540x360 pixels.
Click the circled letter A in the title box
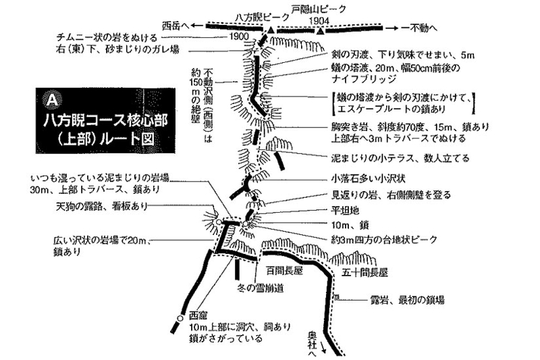pos(52,99)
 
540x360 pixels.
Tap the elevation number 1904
pos(319,21)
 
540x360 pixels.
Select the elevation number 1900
pos(238,36)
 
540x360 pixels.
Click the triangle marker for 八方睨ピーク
pos(271,30)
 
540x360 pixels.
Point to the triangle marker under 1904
pos(321,32)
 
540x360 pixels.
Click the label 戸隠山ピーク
pos(319,9)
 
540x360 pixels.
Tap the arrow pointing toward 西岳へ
pos(197,26)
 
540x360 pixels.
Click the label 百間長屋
pos(284,271)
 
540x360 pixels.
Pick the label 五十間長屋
pos(364,273)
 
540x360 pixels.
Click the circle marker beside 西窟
pos(180,318)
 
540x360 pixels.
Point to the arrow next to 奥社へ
pos(323,347)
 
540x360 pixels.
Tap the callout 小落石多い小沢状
pos(368,179)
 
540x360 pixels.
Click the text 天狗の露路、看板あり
pos(102,206)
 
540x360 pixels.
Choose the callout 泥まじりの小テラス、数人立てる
pos(400,158)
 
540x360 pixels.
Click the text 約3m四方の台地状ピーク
pos(384,239)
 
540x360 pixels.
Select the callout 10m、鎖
pos(350,226)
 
